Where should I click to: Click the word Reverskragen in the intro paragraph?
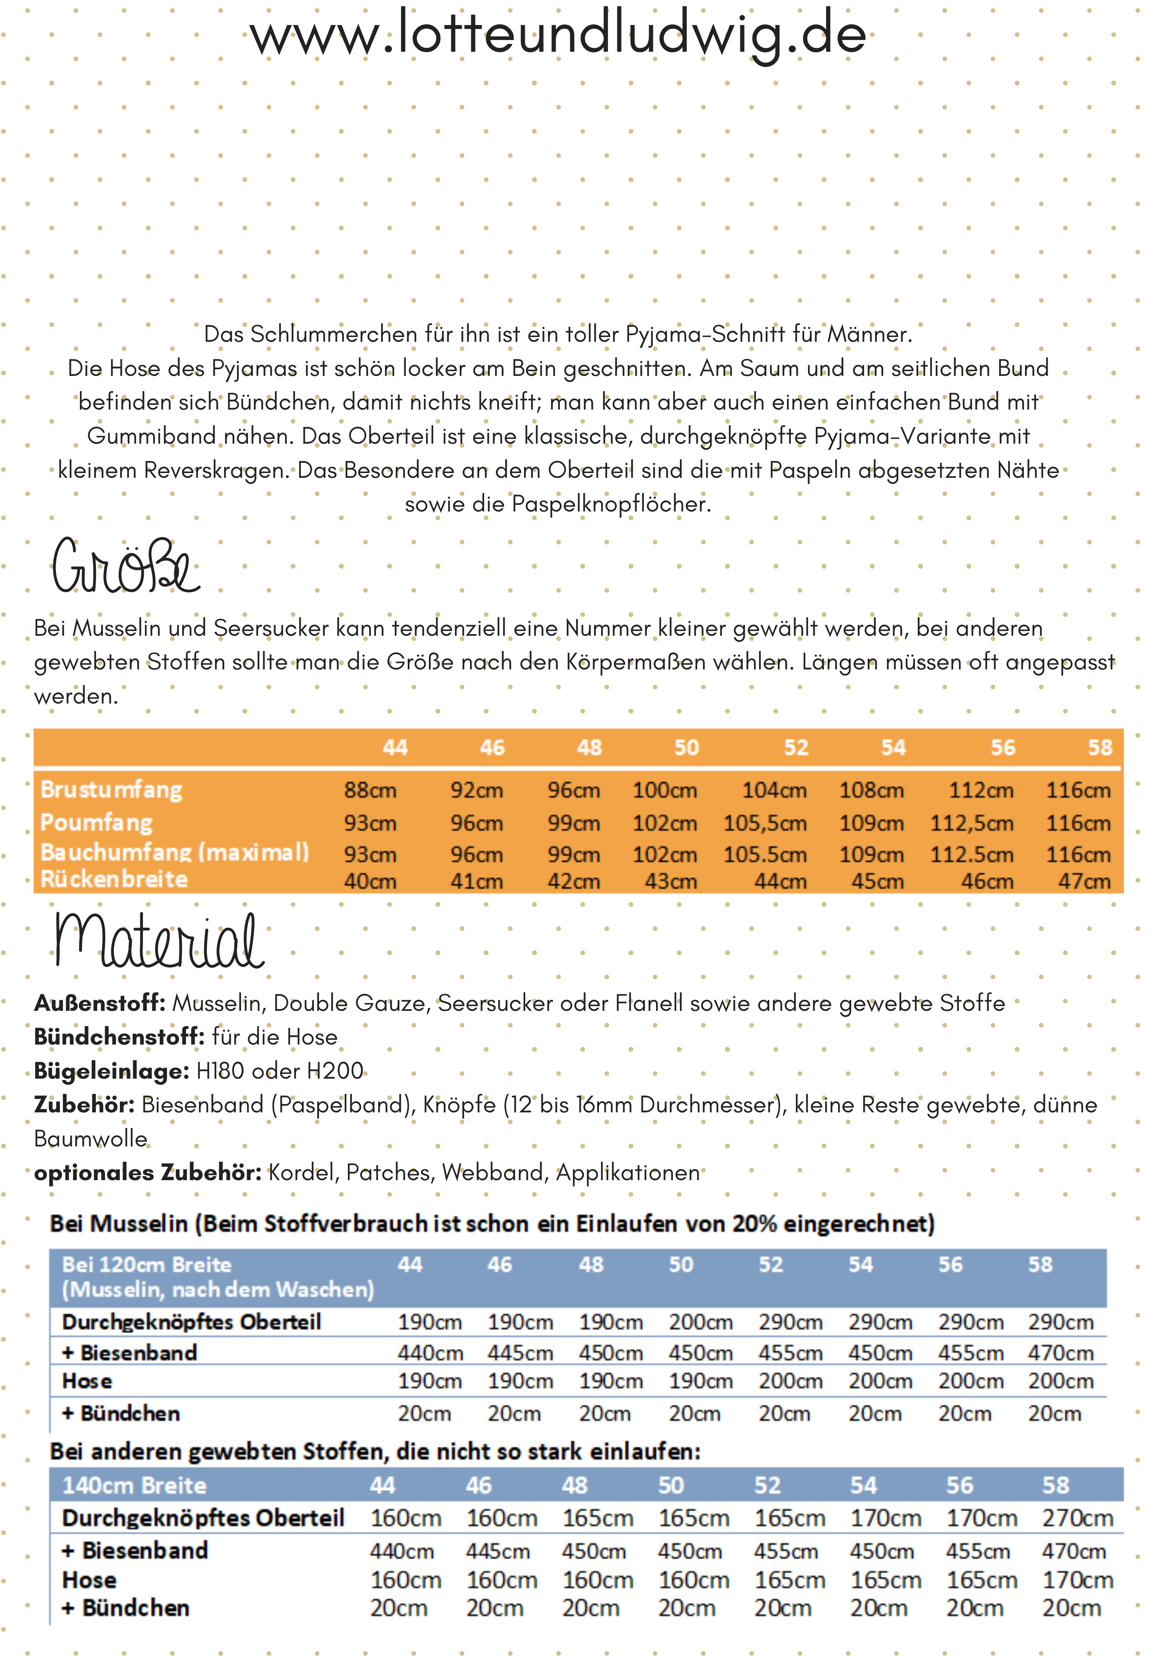[218, 470]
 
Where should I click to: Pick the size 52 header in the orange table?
[796, 748]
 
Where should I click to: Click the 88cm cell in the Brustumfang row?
[370, 791]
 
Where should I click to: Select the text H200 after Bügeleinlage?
[335, 1071]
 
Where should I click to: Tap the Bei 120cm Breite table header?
[146, 1265]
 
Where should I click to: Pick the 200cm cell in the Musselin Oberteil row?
[700, 1323]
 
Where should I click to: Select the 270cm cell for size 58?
[1077, 1518]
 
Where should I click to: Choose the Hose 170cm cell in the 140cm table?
[1077, 1580]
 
